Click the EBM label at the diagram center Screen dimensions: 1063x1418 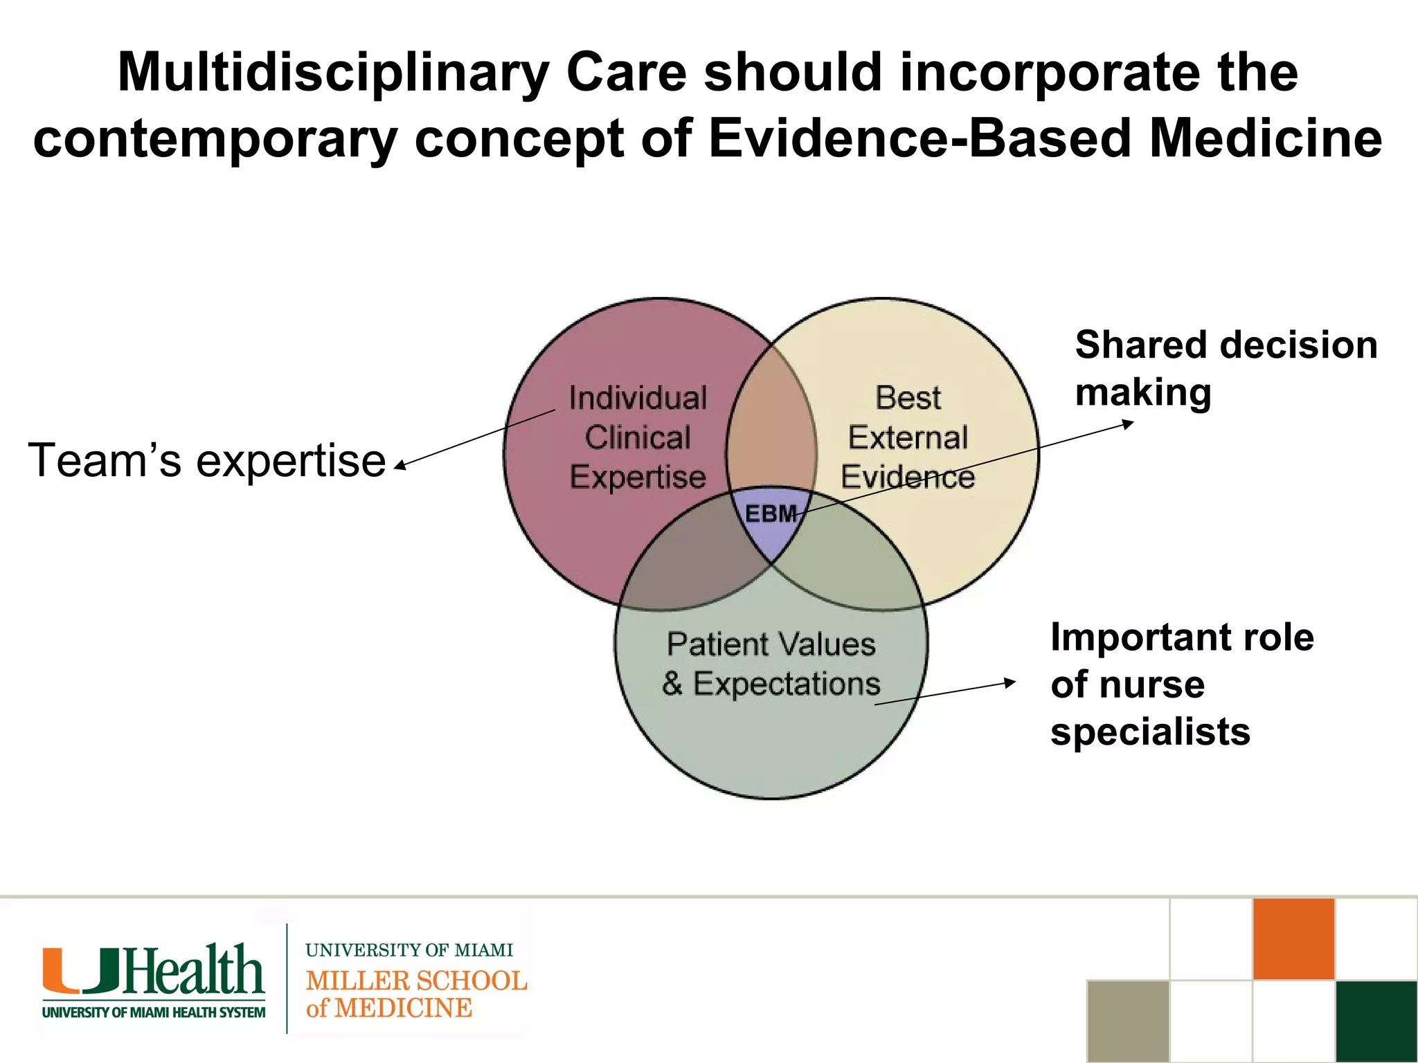(x=770, y=514)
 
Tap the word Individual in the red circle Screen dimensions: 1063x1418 (x=638, y=398)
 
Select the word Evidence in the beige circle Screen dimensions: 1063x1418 (x=908, y=477)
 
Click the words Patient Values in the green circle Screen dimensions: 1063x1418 (x=771, y=644)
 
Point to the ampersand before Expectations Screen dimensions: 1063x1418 (x=672, y=684)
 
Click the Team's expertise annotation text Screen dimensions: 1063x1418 (x=206, y=460)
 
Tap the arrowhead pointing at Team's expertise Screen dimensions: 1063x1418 (x=400, y=467)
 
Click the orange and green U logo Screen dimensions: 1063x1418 (x=81, y=970)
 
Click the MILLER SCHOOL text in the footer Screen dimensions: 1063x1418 (x=416, y=981)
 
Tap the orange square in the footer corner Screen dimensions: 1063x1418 (x=1293, y=939)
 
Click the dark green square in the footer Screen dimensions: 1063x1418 (x=1376, y=1021)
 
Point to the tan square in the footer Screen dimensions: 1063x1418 (x=1128, y=1021)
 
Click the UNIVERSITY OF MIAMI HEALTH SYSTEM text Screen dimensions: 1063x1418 (x=154, y=1012)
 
